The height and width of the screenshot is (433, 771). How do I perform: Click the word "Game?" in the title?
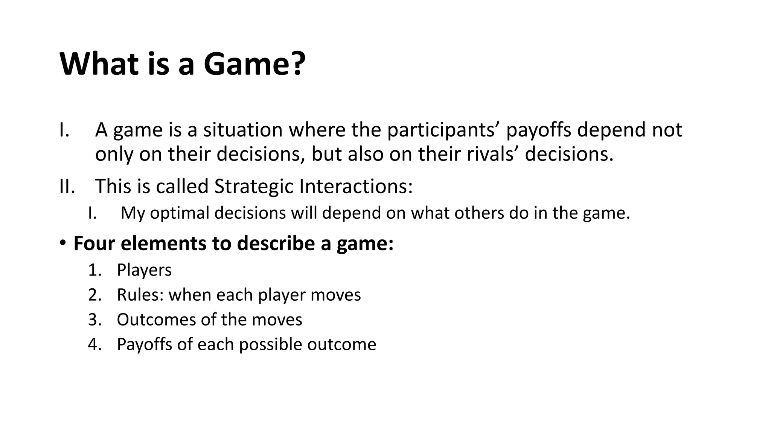coord(254,64)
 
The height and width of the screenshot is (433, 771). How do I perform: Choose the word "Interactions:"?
coord(356,186)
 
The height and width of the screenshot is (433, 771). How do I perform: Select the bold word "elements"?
coord(163,243)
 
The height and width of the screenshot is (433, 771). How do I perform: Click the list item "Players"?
coord(144,270)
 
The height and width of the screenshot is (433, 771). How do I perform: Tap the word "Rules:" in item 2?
coord(140,295)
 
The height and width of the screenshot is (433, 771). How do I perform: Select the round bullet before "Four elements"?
coord(63,243)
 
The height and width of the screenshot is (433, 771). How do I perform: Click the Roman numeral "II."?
coord(67,186)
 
